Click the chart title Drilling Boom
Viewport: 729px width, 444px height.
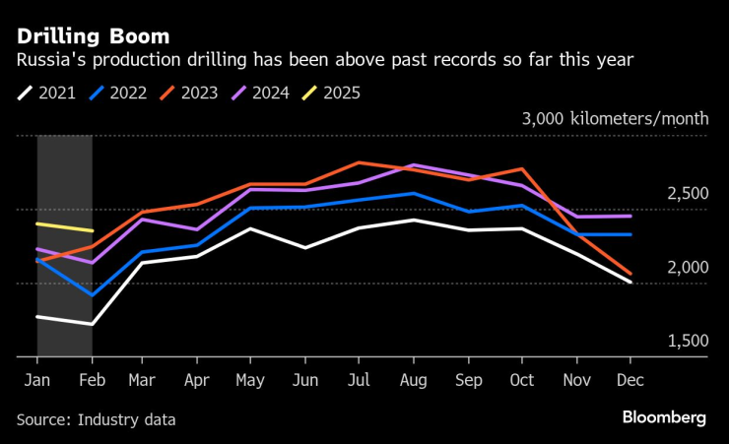click(x=92, y=36)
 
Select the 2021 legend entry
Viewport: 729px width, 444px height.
click(x=49, y=94)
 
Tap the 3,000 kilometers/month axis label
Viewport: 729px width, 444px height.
click(x=616, y=118)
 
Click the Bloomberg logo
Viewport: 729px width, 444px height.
click(x=664, y=417)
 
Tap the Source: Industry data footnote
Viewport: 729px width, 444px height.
click(x=96, y=419)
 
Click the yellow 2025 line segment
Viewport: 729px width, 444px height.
click(x=65, y=227)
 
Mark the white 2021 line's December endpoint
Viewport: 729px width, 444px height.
click(x=631, y=282)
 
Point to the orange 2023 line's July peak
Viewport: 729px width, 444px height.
click(x=361, y=162)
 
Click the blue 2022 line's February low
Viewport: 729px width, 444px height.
click(x=92, y=294)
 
